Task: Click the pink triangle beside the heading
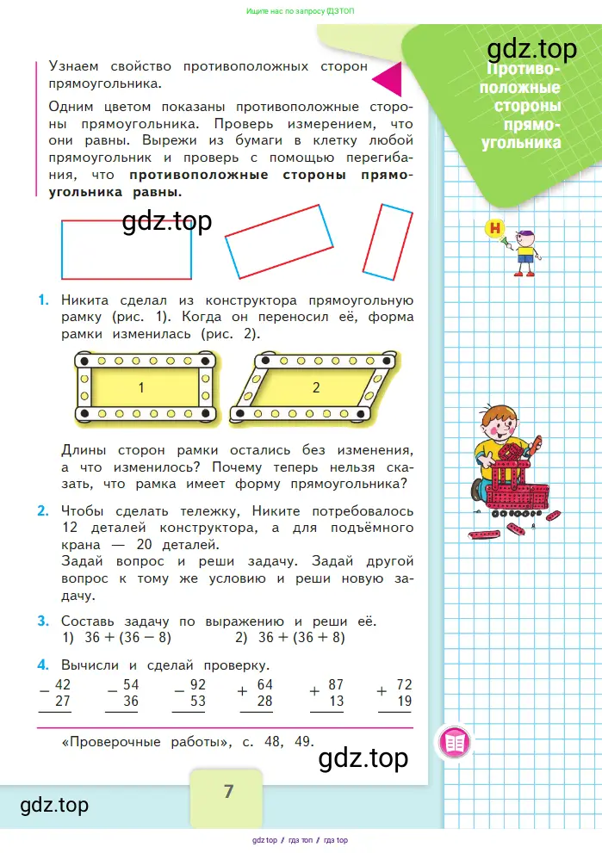point(390,79)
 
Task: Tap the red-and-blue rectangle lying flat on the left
point(126,250)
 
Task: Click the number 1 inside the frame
point(141,388)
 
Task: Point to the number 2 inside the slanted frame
point(316,388)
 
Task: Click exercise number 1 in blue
point(42,301)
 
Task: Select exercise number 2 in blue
point(42,511)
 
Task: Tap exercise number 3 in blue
point(42,621)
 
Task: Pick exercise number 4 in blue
point(42,664)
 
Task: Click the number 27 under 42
point(62,702)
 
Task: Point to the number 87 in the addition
point(336,685)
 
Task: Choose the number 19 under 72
point(403,702)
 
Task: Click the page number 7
point(228,792)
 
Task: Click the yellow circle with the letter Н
point(495,228)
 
